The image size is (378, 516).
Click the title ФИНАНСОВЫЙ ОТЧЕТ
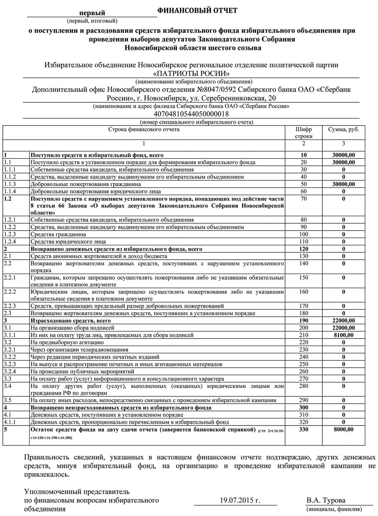pos(197,10)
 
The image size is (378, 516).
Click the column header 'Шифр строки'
pos(303,133)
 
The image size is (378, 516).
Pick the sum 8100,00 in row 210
pos(343,335)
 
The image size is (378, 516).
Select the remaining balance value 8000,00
pos(343,429)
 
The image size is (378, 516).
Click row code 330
pos(303,429)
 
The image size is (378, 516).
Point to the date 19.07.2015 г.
pos(240,500)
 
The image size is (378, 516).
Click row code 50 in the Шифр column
pos(303,184)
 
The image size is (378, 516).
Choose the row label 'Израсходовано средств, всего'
pos(71,321)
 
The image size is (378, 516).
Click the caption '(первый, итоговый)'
pos(92,20)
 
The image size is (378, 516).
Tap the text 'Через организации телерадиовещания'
pos(79,349)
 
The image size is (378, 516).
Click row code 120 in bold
pos(303,249)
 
